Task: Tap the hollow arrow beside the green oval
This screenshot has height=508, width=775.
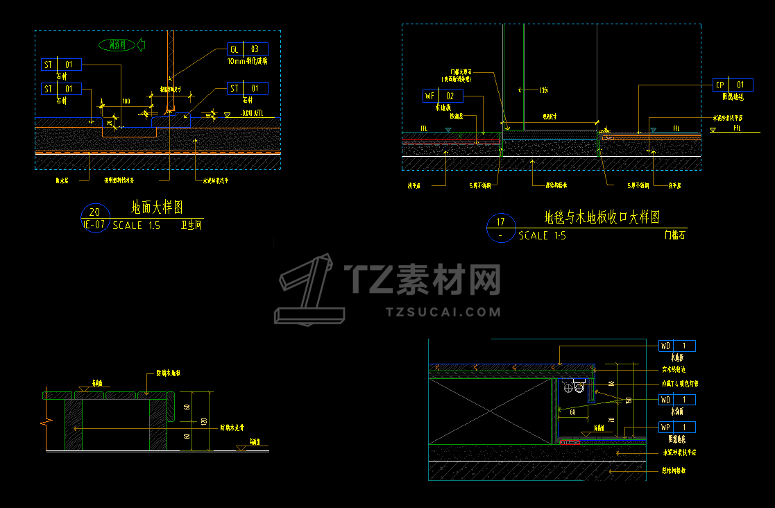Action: coord(141,46)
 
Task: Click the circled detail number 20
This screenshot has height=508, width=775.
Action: coord(95,212)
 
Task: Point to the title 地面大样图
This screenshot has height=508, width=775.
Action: coord(157,208)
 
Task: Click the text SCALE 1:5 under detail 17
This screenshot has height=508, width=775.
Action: coord(542,236)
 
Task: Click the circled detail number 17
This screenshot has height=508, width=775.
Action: coord(500,223)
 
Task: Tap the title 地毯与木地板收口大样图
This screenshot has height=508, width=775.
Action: coord(602,218)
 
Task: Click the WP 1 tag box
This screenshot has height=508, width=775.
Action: coord(676,427)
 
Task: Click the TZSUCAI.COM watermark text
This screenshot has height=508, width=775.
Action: coord(443,312)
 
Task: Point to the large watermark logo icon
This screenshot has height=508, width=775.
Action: coord(310,290)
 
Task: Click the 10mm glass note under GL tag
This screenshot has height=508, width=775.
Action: coord(248,61)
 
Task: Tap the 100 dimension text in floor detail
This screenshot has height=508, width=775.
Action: coord(126,102)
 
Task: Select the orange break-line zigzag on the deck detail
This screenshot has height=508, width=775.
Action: coord(46,422)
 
